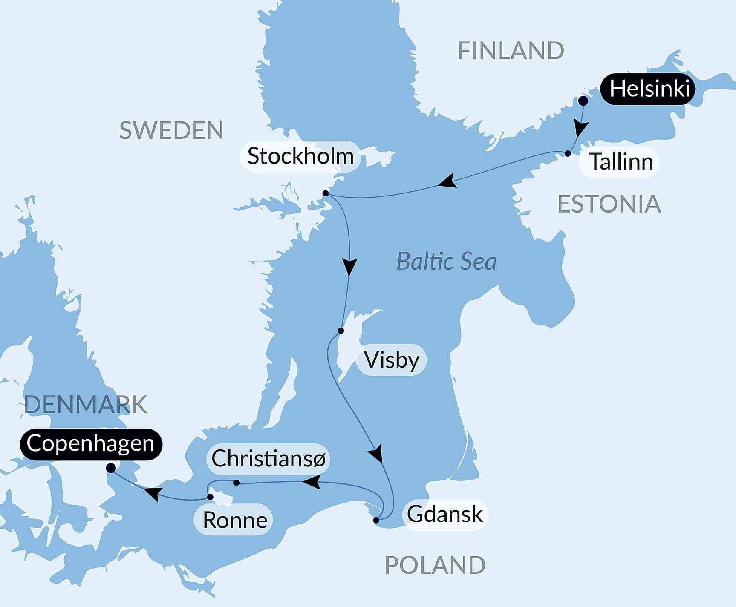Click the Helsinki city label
click(x=649, y=89)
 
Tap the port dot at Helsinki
click(x=583, y=101)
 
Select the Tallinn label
click(x=621, y=162)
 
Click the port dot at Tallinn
click(x=568, y=153)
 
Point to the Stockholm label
click(x=300, y=156)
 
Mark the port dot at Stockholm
click(x=325, y=193)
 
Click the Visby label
click(x=392, y=360)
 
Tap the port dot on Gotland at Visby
click(x=341, y=331)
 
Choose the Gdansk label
click(x=444, y=514)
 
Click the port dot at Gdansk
click(x=376, y=520)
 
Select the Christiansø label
click(x=268, y=459)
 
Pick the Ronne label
click(x=235, y=520)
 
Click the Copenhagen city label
click(x=90, y=443)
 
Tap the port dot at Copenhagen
click(x=111, y=468)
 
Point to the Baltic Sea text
click(x=446, y=261)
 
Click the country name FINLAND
click(x=511, y=51)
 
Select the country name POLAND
click(x=435, y=565)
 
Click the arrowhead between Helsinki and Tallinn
click(x=580, y=128)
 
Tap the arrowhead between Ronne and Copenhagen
click(x=153, y=493)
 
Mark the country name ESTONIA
click(x=609, y=204)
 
